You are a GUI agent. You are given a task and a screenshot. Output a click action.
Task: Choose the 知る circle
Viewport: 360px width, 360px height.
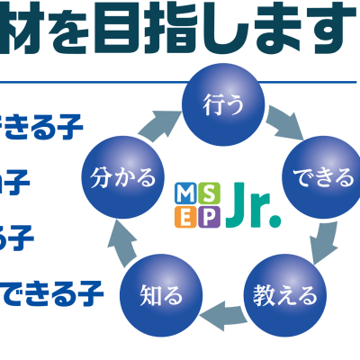pyautogui.click(x=162, y=293)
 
